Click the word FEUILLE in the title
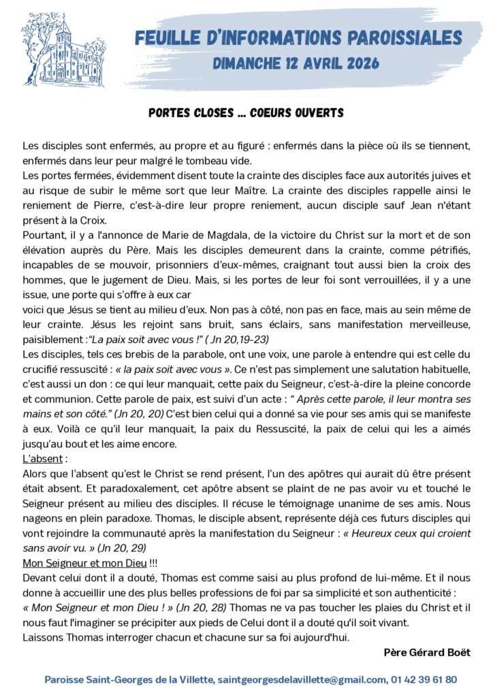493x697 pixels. [x=165, y=38]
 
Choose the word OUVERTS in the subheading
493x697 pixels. [x=320, y=113]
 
